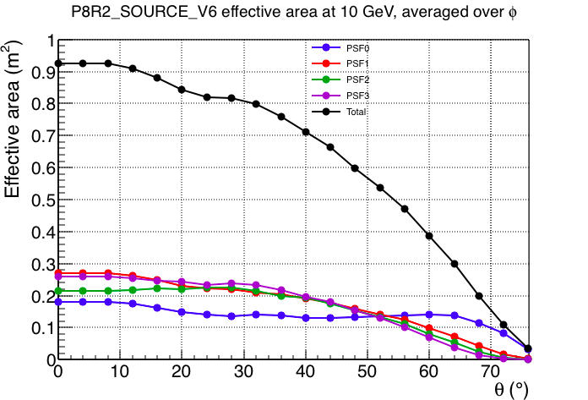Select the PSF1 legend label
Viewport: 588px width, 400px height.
click(x=357, y=63)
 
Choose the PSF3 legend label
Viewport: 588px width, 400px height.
click(x=357, y=96)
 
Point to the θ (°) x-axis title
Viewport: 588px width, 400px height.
click(x=511, y=389)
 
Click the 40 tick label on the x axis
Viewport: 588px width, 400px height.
click(x=306, y=371)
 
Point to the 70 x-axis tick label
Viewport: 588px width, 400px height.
click(x=491, y=371)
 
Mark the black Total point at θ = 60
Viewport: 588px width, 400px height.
click(x=429, y=236)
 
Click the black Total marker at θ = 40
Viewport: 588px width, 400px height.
click(x=306, y=132)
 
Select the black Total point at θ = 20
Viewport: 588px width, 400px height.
click(x=182, y=90)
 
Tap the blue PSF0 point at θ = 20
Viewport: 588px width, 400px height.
click(x=182, y=312)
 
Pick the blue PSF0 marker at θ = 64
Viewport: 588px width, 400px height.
click(x=455, y=315)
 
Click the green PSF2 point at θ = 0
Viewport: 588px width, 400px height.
click(x=58, y=291)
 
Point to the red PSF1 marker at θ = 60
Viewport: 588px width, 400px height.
click(x=429, y=328)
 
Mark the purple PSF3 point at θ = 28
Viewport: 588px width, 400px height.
click(x=231, y=283)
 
